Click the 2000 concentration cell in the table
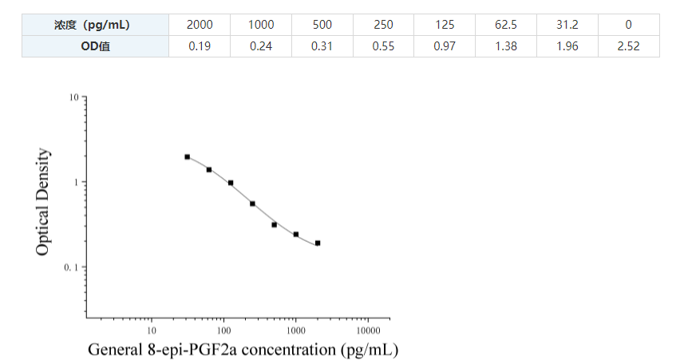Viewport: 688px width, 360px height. tap(200, 25)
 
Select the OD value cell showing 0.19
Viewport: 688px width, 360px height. tap(200, 46)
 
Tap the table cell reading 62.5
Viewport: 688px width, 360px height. tap(506, 25)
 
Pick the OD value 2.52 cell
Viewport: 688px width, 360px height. tap(629, 46)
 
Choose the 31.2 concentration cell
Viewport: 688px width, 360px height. tap(567, 25)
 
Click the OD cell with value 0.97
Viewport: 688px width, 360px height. tap(445, 46)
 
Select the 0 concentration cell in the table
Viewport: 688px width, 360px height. tap(629, 25)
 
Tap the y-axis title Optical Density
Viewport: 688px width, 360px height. tap(43, 203)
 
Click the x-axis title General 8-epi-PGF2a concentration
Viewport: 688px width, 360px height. tap(243, 350)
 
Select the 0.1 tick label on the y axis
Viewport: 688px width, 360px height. tap(70, 267)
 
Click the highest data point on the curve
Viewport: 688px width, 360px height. tap(188, 157)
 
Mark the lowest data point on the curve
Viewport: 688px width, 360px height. tap(318, 243)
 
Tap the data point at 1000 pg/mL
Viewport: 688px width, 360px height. tap(296, 235)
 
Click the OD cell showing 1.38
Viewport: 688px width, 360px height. tap(506, 46)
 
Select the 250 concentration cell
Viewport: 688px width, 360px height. tap(383, 25)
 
